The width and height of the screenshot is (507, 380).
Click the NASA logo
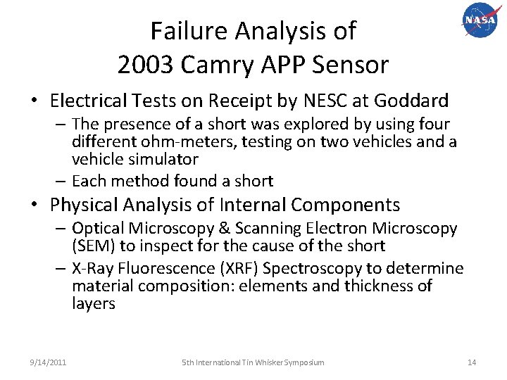pos(480,21)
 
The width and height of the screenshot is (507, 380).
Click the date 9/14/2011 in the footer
pos(49,362)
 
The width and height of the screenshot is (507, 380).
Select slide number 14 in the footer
pos(472,362)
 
